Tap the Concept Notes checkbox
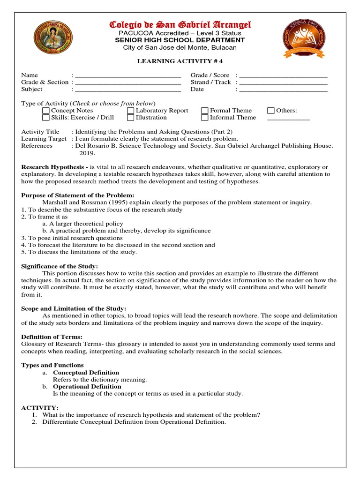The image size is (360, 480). click(x=45, y=111)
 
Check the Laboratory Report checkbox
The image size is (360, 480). click(x=130, y=111)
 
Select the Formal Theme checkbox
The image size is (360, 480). click(x=205, y=111)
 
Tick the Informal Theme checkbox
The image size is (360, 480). click(x=205, y=118)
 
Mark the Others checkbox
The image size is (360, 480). click(x=271, y=111)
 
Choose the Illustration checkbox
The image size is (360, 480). click(x=130, y=118)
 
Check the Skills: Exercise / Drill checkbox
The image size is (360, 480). click(x=45, y=118)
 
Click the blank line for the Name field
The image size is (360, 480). click(x=128, y=76)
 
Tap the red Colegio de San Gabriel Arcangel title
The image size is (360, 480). click(x=180, y=24)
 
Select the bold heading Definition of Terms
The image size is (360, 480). click(x=52, y=337)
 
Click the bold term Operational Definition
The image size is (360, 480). click(x=87, y=387)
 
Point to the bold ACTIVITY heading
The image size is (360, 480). click(x=40, y=408)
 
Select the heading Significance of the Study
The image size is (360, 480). click(x=60, y=266)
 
